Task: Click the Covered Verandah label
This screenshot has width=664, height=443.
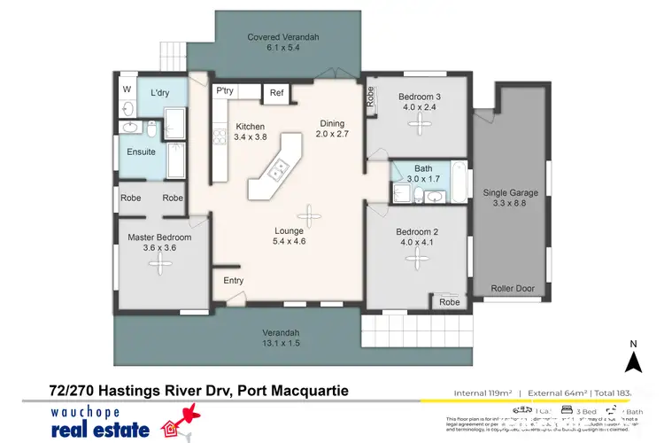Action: coord(282,43)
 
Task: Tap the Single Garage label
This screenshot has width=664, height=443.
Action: coord(509,198)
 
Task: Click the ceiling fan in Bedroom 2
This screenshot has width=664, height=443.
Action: coord(414,257)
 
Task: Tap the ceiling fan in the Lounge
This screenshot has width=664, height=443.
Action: coord(310,213)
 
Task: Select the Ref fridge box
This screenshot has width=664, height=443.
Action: coord(276,92)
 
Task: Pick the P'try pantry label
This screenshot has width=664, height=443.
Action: coord(224,91)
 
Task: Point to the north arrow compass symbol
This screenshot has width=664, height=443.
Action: coord(632,361)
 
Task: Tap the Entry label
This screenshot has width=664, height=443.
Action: coord(234,281)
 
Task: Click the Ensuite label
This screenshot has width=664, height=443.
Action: coord(141,152)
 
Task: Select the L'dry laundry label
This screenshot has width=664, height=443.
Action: coord(160,92)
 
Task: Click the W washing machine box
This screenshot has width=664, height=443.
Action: coord(127,89)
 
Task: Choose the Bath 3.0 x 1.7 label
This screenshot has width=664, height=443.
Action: coord(423,174)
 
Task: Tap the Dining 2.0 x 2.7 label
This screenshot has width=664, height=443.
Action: coord(334,129)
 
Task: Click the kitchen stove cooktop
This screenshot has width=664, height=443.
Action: coord(216,137)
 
